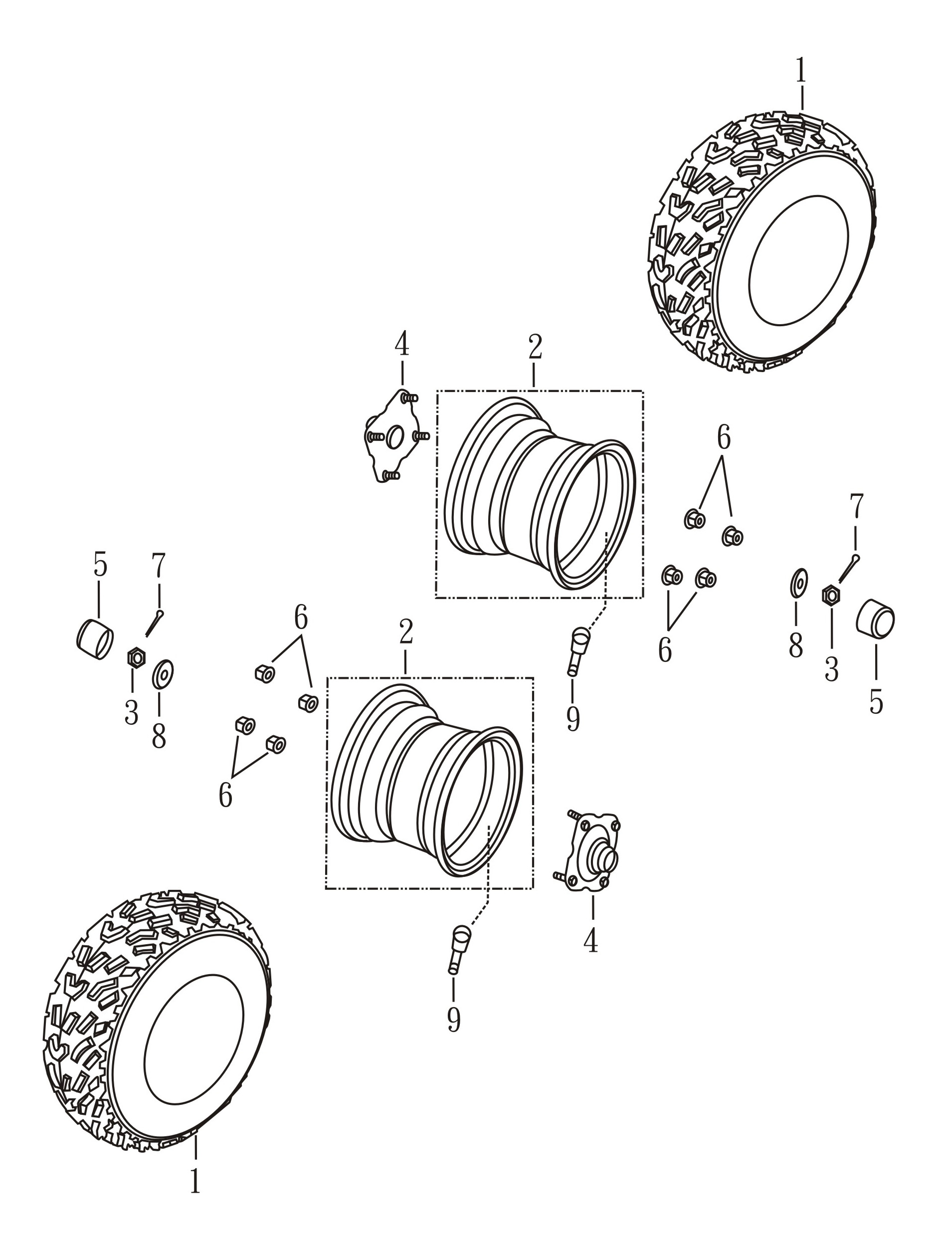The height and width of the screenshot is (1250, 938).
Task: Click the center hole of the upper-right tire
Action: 798,260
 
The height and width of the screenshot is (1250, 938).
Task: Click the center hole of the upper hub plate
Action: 394,437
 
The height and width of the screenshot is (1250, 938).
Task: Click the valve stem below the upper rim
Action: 578,651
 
